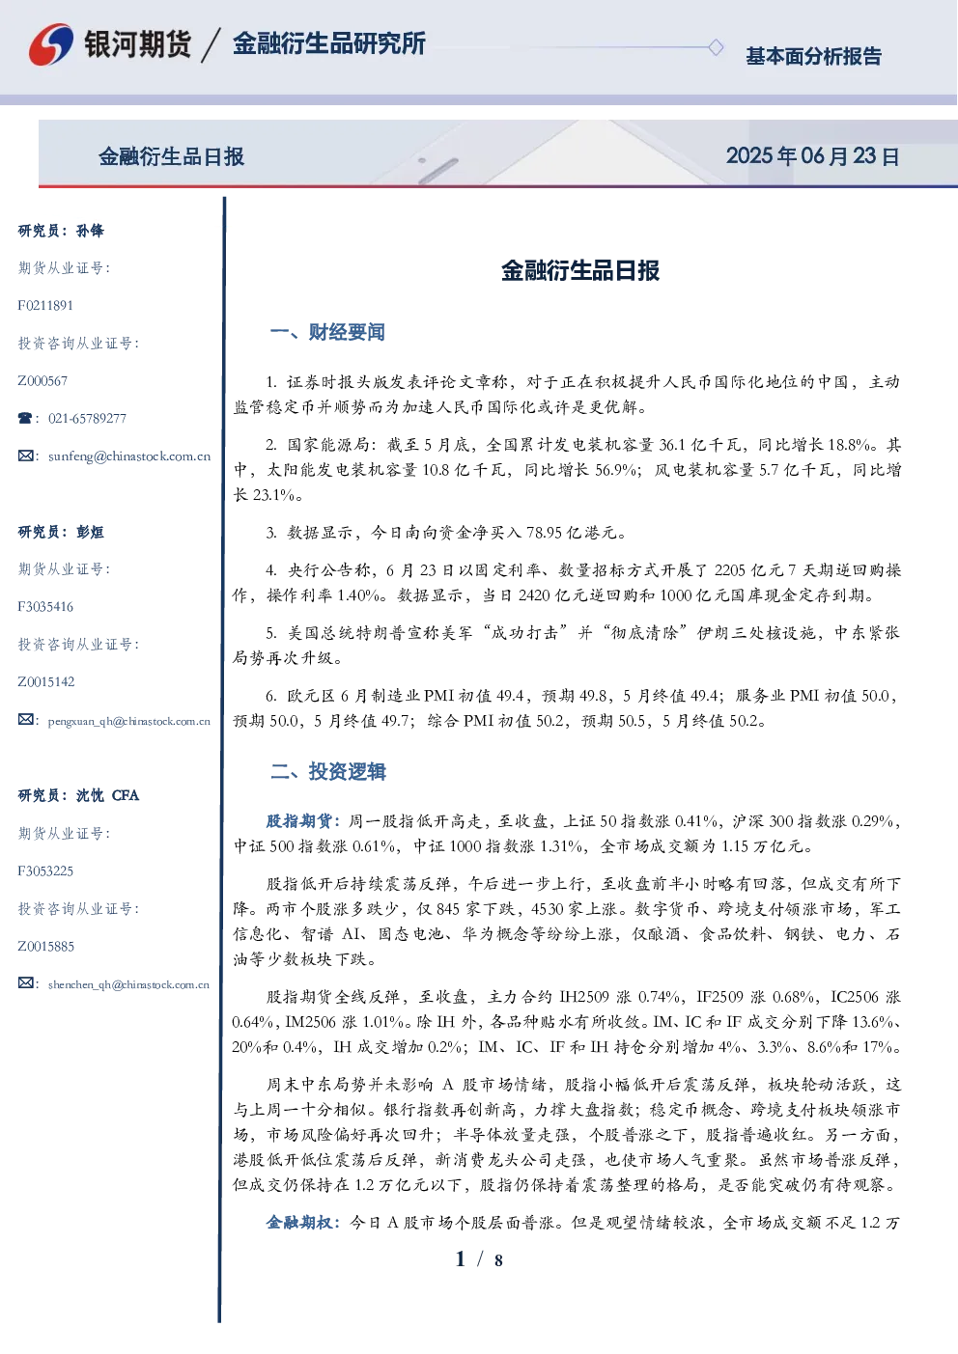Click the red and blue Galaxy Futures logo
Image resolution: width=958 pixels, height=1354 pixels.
click(51, 44)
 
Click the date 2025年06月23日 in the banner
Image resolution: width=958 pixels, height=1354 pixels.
click(813, 156)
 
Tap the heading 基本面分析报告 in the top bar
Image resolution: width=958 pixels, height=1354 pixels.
click(813, 56)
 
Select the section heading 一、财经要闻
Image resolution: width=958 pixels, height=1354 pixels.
click(327, 332)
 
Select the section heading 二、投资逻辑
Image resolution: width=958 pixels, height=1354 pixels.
click(327, 771)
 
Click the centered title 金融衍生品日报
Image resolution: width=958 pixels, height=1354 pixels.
click(580, 270)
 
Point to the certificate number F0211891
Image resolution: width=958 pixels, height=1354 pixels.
click(45, 305)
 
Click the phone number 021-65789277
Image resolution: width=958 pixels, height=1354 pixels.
click(87, 418)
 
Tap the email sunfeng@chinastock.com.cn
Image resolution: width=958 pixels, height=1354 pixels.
click(129, 456)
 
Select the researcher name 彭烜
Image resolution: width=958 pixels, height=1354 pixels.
click(90, 532)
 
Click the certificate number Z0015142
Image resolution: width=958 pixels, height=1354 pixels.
click(46, 682)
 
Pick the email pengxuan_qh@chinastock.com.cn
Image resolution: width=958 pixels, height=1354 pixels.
click(129, 721)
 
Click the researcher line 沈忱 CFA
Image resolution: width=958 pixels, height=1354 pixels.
click(107, 795)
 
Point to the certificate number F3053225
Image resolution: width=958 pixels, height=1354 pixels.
click(45, 871)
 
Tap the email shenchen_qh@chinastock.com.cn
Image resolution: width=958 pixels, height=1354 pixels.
click(128, 984)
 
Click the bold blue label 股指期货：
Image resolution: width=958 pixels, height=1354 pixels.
click(304, 821)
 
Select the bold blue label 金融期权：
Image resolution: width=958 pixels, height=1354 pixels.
click(305, 1223)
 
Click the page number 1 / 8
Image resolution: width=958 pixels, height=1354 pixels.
click(479, 1259)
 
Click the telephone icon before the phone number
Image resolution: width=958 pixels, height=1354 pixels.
click(25, 418)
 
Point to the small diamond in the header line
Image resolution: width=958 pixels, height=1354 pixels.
click(716, 47)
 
